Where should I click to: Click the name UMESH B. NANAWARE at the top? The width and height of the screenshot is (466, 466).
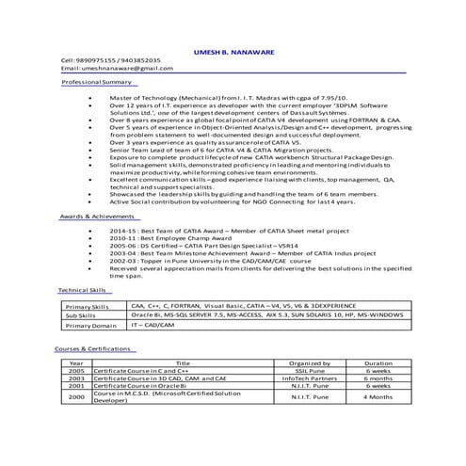[x=233, y=52]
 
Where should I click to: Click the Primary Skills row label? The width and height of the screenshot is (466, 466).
[x=88, y=307]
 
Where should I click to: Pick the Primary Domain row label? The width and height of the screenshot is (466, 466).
[x=90, y=326]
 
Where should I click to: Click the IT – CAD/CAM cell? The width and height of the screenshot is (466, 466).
[x=154, y=326]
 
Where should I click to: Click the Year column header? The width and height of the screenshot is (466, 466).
[x=76, y=363]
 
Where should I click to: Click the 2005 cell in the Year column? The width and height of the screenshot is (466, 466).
[x=76, y=371]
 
